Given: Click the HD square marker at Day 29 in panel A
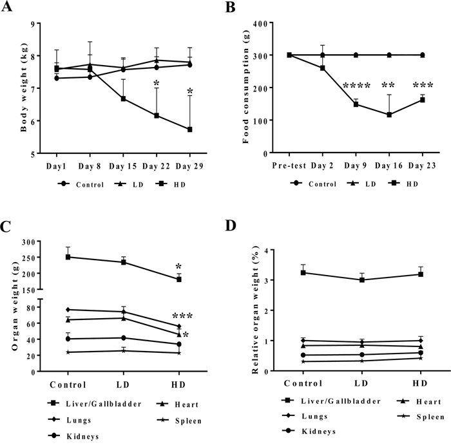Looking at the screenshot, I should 189,129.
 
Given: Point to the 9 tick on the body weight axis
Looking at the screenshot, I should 32,24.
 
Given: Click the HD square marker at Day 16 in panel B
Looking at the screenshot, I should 389,115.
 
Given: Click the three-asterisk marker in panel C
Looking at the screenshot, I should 182,316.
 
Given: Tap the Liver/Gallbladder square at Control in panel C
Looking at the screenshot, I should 68,257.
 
